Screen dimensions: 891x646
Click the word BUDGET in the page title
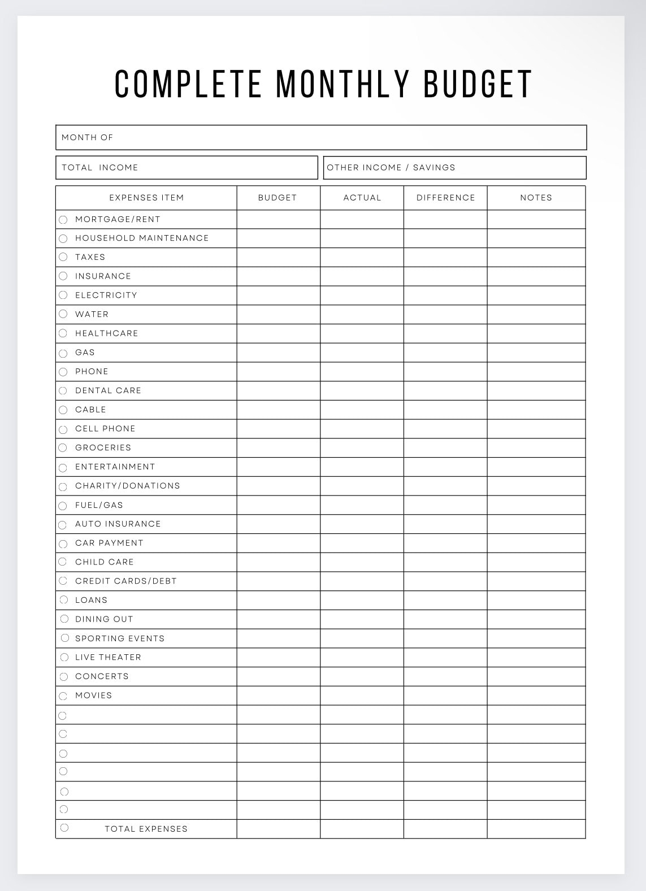click(x=478, y=84)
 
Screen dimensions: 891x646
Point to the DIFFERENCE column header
click(x=445, y=198)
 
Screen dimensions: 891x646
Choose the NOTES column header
click(x=536, y=198)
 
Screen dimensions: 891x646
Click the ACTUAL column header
click(x=362, y=198)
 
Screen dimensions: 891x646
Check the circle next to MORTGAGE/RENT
click(x=63, y=220)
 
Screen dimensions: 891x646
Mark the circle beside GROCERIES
click(x=63, y=448)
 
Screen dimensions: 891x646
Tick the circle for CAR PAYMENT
click(x=63, y=544)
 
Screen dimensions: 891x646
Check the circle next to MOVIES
click(x=63, y=696)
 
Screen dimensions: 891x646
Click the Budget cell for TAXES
click(x=278, y=257)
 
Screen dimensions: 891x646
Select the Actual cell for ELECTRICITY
click(x=362, y=295)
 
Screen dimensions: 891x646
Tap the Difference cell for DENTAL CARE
click(x=445, y=390)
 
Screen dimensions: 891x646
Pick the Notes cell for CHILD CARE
click(x=536, y=562)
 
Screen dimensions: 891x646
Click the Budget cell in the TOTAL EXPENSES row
click(x=278, y=829)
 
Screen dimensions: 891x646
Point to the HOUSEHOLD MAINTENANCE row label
click(x=142, y=238)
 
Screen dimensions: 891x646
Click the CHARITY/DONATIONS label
click(x=127, y=486)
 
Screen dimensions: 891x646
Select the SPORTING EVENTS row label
click(x=120, y=638)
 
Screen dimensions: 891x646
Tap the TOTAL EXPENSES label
click(x=146, y=829)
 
